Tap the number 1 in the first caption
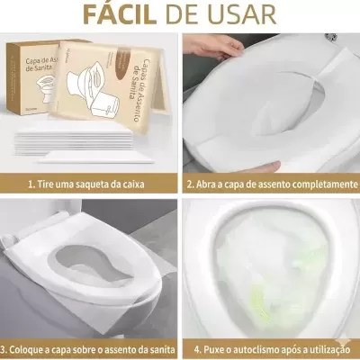[x=31, y=184]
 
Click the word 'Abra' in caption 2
[x=210, y=184]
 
